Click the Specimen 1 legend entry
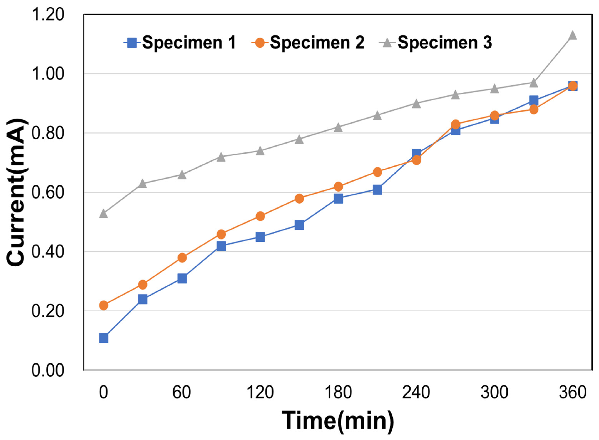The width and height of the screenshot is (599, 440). [180, 43]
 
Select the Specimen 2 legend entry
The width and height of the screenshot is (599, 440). [308, 43]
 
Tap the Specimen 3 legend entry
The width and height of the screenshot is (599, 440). [435, 43]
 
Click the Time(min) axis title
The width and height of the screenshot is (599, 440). [338, 421]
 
